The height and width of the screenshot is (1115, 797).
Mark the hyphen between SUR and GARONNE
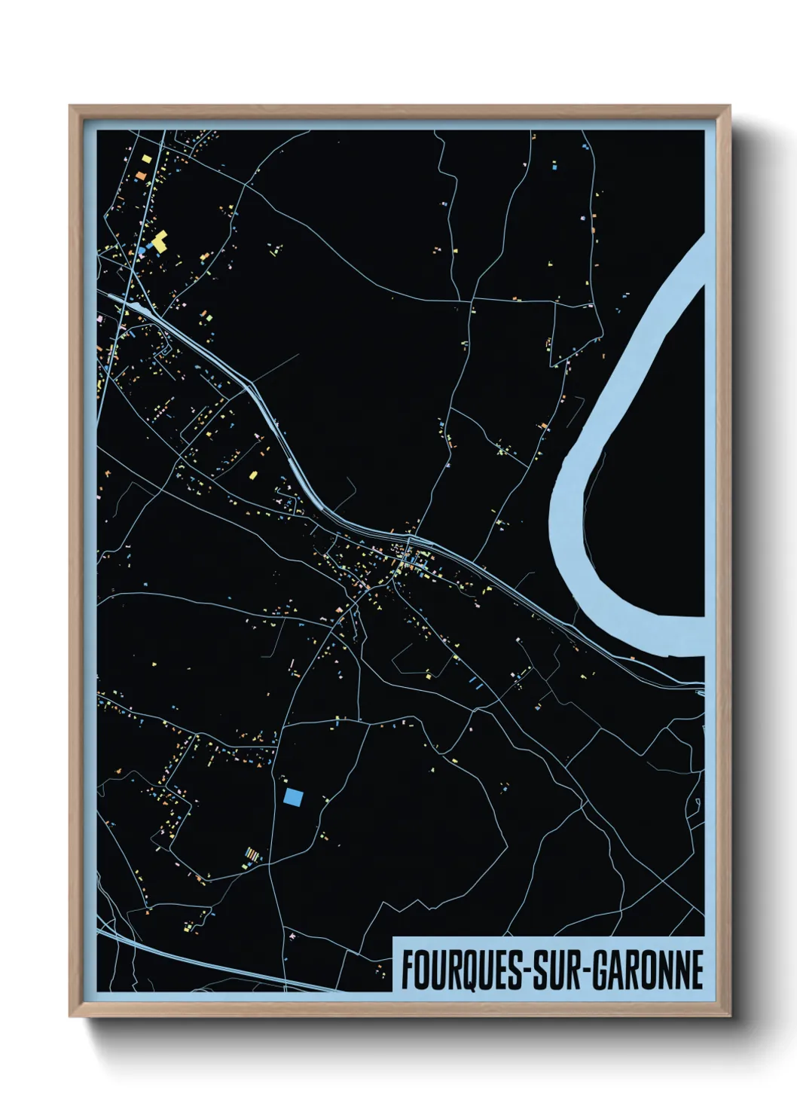point(585,970)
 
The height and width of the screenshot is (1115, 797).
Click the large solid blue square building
point(294,797)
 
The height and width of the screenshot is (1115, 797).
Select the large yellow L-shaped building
point(159,241)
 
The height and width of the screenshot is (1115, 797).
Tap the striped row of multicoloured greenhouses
point(254,854)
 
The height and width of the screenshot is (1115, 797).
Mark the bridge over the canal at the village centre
point(408,541)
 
